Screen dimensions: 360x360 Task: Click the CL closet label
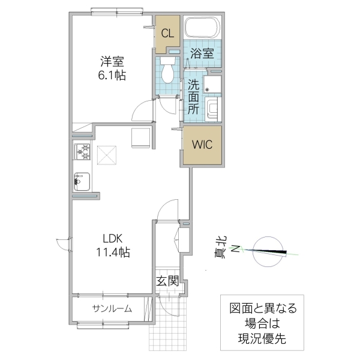(168, 34)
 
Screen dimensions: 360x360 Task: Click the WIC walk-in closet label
(202, 145)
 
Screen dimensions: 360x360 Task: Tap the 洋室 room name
(113, 61)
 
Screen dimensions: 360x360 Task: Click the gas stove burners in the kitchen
(82, 153)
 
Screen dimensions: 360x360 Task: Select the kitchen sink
(82, 179)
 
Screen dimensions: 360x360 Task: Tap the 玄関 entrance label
(167, 280)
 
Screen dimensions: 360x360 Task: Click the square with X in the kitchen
(109, 155)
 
